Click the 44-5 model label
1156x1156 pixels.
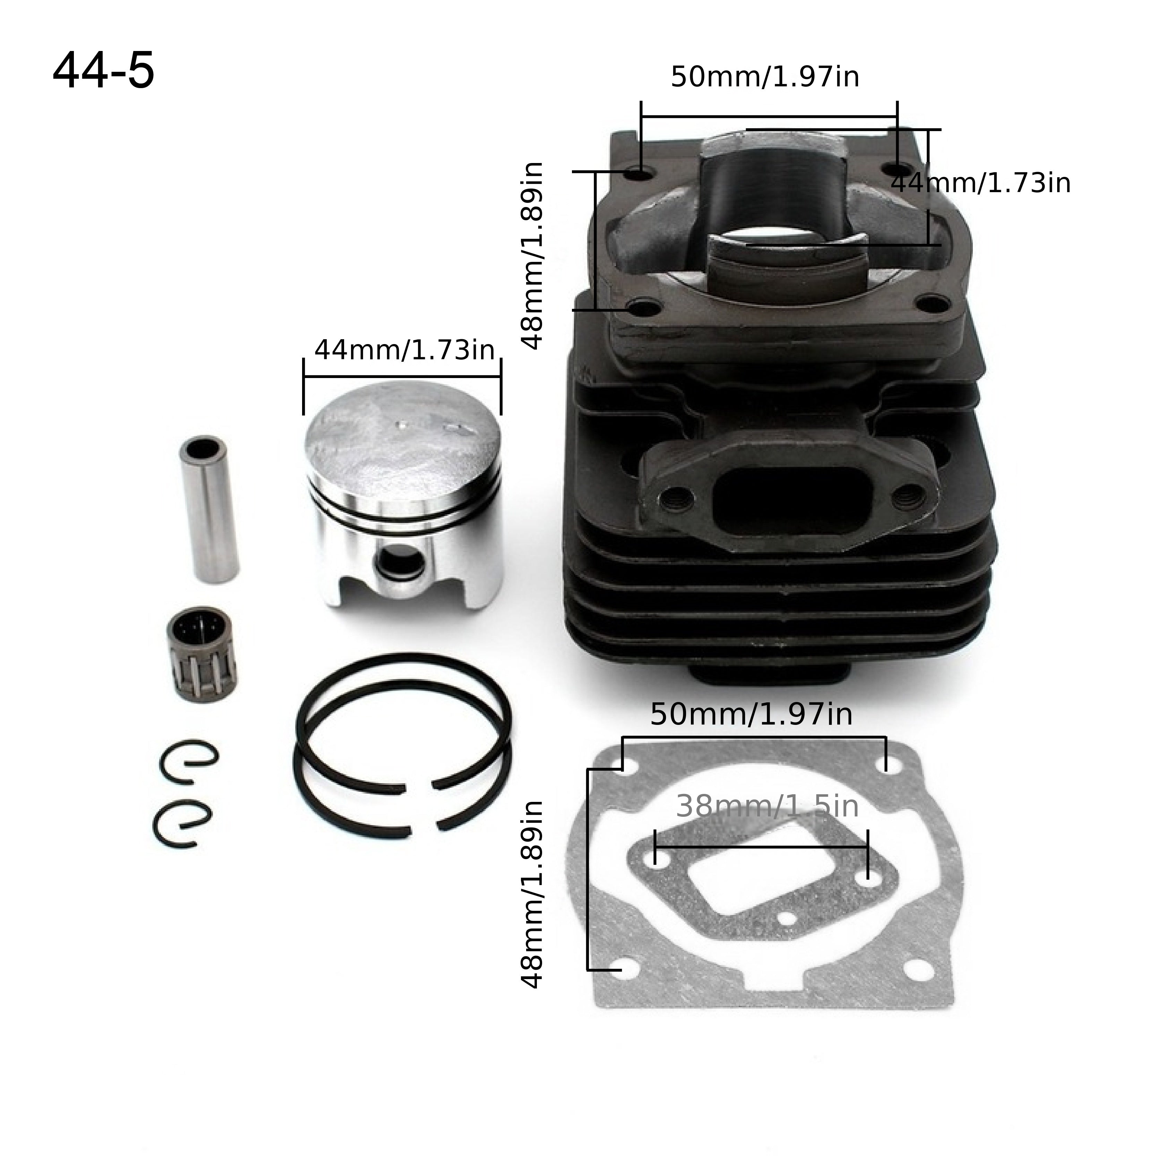[103, 71]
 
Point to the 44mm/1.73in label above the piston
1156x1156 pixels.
[404, 350]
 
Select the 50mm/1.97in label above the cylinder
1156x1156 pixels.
[765, 77]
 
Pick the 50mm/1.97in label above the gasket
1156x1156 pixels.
[751, 714]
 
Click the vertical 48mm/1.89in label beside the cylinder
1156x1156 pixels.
[532, 256]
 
